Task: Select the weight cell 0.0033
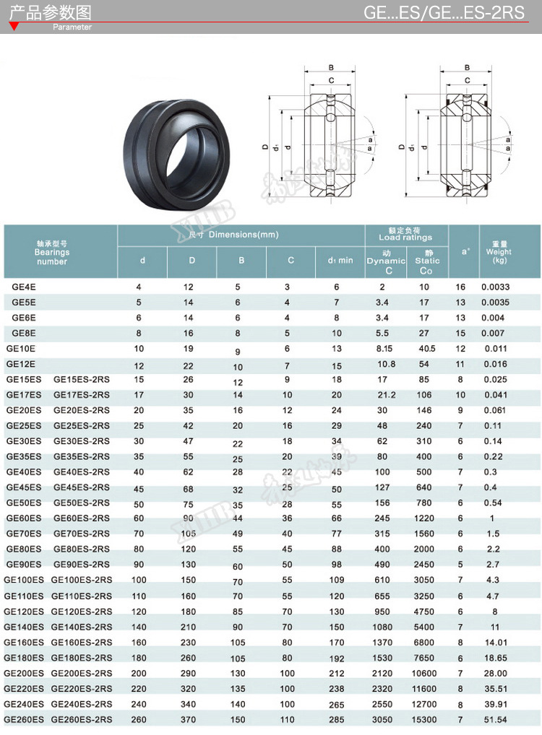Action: click(x=496, y=287)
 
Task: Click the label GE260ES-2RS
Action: click(x=82, y=719)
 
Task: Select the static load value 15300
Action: click(x=423, y=720)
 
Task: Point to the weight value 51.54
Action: click(x=495, y=720)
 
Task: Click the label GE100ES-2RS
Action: click(x=82, y=580)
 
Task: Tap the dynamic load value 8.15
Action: click(x=384, y=349)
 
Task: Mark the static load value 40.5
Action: click(x=424, y=349)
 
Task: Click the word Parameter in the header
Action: click(x=72, y=27)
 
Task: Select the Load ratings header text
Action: click(x=405, y=238)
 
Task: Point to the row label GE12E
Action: click(x=21, y=364)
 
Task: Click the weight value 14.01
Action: click(x=495, y=643)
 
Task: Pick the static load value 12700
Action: click(x=423, y=704)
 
